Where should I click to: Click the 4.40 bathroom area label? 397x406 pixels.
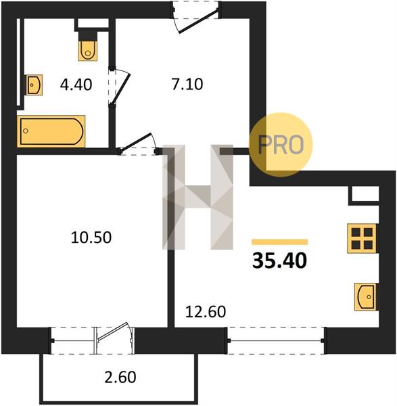click(76, 85)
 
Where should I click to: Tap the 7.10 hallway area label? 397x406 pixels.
click(187, 85)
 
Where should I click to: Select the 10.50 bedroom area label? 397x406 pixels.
click(91, 238)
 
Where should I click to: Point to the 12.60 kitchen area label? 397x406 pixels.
click(206, 311)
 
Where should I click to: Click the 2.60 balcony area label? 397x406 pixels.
click(120, 377)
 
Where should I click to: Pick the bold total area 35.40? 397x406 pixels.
click(279, 261)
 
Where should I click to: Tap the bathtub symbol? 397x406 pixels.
click(51, 131)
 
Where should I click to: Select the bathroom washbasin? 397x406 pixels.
click(34, 85)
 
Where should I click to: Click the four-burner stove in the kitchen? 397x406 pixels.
click(362, 238)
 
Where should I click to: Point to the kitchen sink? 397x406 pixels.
click(366, 297)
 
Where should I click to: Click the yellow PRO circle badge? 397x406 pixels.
click(281, 145)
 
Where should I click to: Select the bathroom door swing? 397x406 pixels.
click(120, 87)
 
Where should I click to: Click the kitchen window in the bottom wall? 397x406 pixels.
click(276, 340)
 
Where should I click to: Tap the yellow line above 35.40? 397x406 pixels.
click(280, 242)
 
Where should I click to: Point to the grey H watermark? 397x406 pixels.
click(198, 197)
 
